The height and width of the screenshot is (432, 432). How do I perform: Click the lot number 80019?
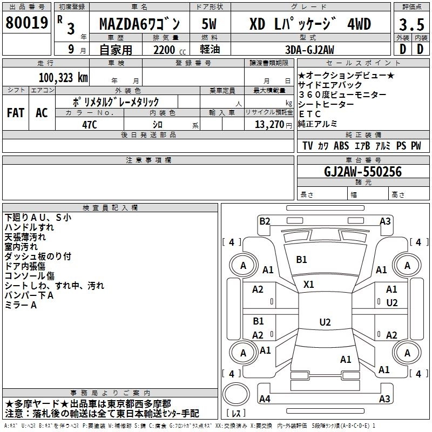pyautogui.click(x=26, y=22)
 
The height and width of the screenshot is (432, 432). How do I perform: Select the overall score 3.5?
pyautogui.click(x=411, y=24)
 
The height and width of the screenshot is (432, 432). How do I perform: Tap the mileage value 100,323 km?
pyautogui.click(x=63, y=78)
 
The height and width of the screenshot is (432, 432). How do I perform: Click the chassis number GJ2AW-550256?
pyautogui.click(x=363, y=172)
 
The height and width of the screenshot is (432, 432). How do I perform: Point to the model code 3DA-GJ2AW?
pyautogui.click(x=309, y=50)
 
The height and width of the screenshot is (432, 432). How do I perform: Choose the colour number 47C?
pyautogui.click(x=90, y=125)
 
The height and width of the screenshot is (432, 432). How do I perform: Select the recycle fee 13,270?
pyautogui.click(x=269, y=125)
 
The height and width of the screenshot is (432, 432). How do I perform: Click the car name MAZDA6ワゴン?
pyautogui.click(x=139, y=24)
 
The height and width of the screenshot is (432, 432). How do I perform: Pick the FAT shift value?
pyautogui.click(x=16, y=113)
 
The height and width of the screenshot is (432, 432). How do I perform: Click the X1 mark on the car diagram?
pyautogui.click(x=308, y=285)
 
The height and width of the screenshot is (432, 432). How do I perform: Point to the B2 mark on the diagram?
pyautogui.click(x=265, y=221)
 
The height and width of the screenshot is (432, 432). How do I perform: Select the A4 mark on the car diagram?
pyautogui.click(x=265, y=399)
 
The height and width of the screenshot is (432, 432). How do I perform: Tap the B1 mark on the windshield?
pyautogui.click(x=301, y=260)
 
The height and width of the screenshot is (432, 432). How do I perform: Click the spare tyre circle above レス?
pyautogui.click(x=236, y=394)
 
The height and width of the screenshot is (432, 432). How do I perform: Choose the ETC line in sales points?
pyautogui.click(x=309, y=114)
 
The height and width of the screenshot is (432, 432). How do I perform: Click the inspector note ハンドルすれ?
pyautogui.click(x=29, y=227)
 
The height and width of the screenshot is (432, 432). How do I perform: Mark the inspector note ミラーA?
pyautogui.click(x=21, y=305)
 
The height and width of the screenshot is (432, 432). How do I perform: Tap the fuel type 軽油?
pyautogui.click(x=210, y=49)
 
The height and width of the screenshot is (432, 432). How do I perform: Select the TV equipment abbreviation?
pyautogui.click(x=307, y=146)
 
